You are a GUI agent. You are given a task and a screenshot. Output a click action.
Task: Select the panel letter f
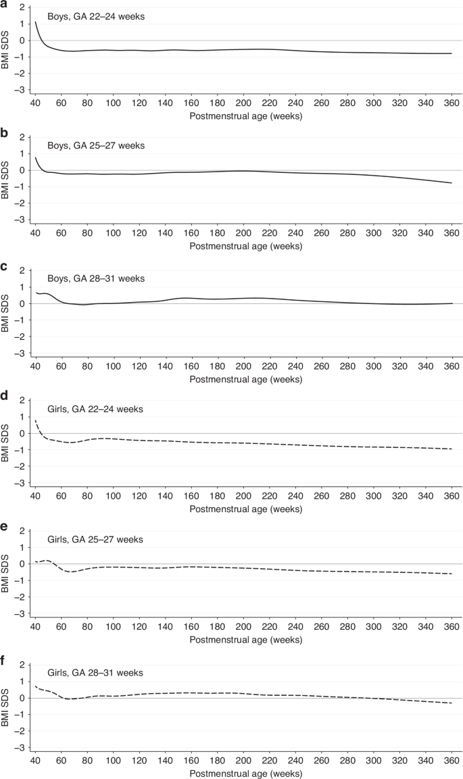pos(3,662)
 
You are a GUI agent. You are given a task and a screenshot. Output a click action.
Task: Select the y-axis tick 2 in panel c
pos(22,270)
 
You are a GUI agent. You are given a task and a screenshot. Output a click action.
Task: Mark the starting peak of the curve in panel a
pos(35,22)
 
